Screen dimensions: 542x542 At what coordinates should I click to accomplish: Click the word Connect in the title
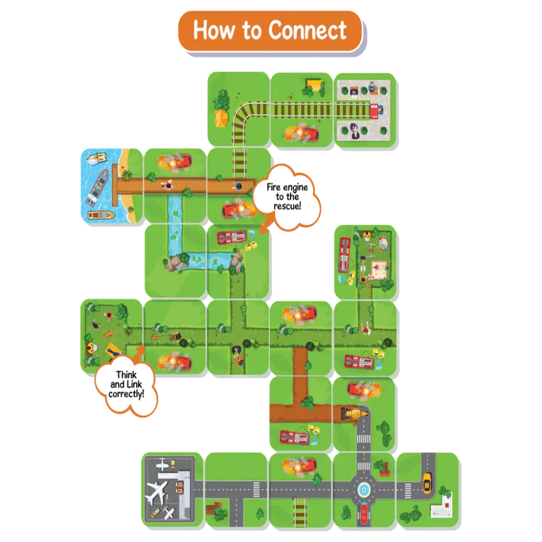pos(307,30)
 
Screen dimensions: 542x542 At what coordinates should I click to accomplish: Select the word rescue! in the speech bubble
pos(287,207)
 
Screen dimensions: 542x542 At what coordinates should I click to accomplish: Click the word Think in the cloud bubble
pos(126,375)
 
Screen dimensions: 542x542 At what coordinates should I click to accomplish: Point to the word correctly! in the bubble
pos(126,394)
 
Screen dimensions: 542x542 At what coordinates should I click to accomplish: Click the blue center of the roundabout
pos(364,490)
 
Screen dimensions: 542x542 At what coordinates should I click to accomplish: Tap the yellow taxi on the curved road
pos(427,482)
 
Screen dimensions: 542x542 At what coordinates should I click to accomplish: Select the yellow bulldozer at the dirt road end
pos(354,413)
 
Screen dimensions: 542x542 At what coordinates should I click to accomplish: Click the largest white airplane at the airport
pos(157,491)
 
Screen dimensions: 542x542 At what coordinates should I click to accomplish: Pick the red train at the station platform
pos(375,111)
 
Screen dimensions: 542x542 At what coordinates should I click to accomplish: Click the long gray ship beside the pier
pos(98,186)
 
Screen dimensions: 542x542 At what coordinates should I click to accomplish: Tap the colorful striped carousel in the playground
pos(383,244)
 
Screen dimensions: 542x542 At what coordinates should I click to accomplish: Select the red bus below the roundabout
pos(364,514)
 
